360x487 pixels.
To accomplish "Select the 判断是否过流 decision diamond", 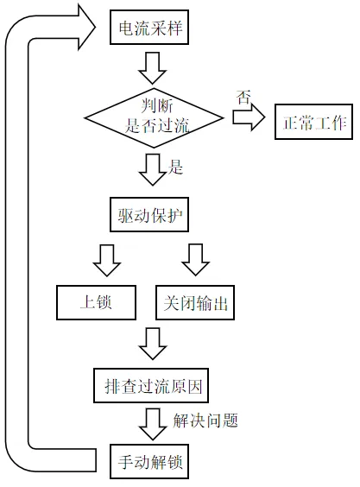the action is [154, 118].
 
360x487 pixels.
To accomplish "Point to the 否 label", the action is [243, 98].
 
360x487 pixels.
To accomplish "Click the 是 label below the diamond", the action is [175, 168].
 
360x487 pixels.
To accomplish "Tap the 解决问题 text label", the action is [205, 421].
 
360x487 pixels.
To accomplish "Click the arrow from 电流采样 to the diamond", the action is [152, 68].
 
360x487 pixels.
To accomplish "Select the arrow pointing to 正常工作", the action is [249, 117].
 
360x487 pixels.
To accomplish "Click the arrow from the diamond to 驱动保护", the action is [152, 170].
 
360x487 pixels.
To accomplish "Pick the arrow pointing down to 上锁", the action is [107, 261].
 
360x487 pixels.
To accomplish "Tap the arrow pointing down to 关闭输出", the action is [196, 260].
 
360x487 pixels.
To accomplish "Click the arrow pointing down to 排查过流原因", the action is [153, 344].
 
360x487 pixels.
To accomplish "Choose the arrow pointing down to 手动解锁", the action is [153, 424].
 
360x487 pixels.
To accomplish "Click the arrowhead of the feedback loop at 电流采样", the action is [86, 28].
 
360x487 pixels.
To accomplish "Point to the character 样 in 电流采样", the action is [174, 28].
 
